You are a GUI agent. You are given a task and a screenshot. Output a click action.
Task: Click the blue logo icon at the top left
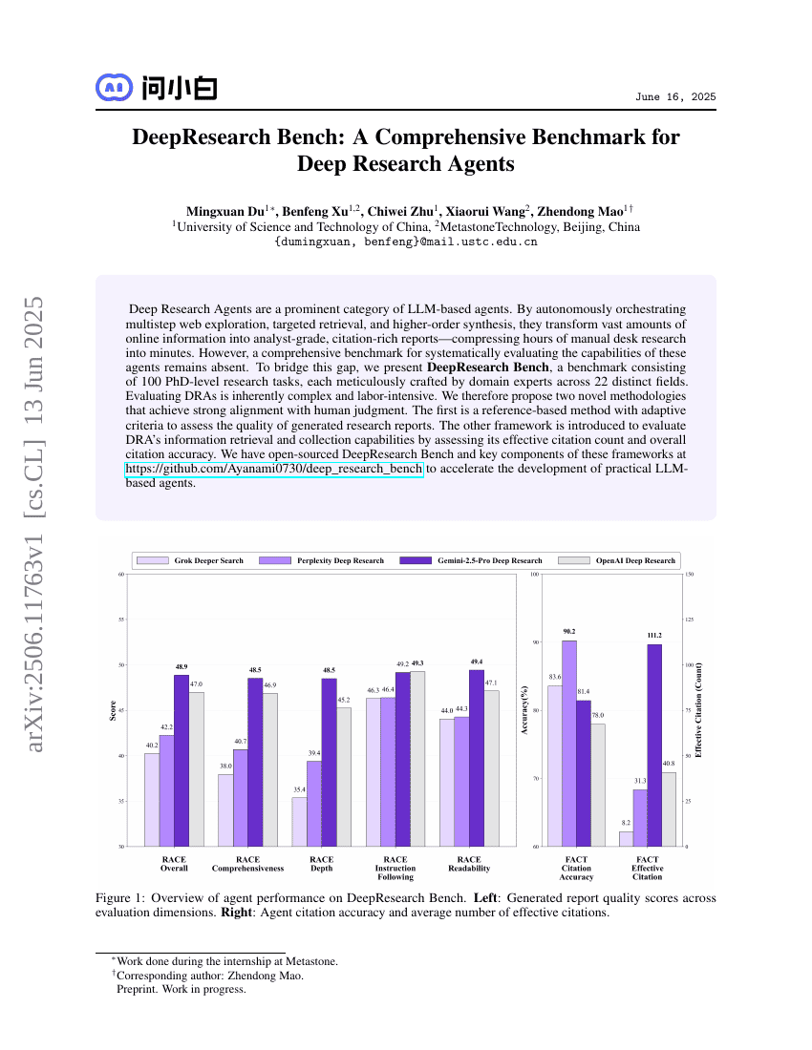click(x=114, y=88)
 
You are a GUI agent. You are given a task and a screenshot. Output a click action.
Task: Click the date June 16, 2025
click(x=675, y=98)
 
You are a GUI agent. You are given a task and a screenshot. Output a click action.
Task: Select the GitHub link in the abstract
click(x=274, y=469)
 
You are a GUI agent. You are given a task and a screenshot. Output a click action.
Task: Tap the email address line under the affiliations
click(x=406, y=241)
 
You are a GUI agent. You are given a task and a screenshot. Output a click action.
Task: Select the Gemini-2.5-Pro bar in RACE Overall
click(x=181, y=760)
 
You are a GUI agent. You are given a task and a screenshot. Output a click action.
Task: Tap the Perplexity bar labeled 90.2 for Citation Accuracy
click(x=568, y=743)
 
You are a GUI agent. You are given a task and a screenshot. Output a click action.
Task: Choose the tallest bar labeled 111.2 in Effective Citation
click(x=654, y=745)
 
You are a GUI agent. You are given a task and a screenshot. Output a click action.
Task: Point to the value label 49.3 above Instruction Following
click(x=417, y=662)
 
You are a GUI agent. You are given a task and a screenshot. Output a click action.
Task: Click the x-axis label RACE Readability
click(x=469, y=864)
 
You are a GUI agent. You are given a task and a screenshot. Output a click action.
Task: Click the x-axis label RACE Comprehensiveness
click(x=247, y=864)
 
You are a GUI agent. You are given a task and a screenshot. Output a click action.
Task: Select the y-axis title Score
click(x=113, y=710)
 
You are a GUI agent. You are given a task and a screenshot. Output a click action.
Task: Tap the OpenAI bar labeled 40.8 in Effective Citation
click(x=669, y=808)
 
